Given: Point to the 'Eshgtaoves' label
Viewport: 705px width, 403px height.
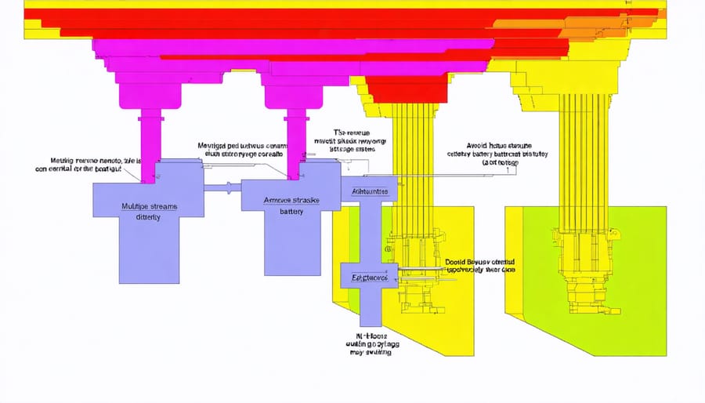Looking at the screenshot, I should tap(367, 278).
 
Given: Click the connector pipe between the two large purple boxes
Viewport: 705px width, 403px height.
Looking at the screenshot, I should tap(223, 187).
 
